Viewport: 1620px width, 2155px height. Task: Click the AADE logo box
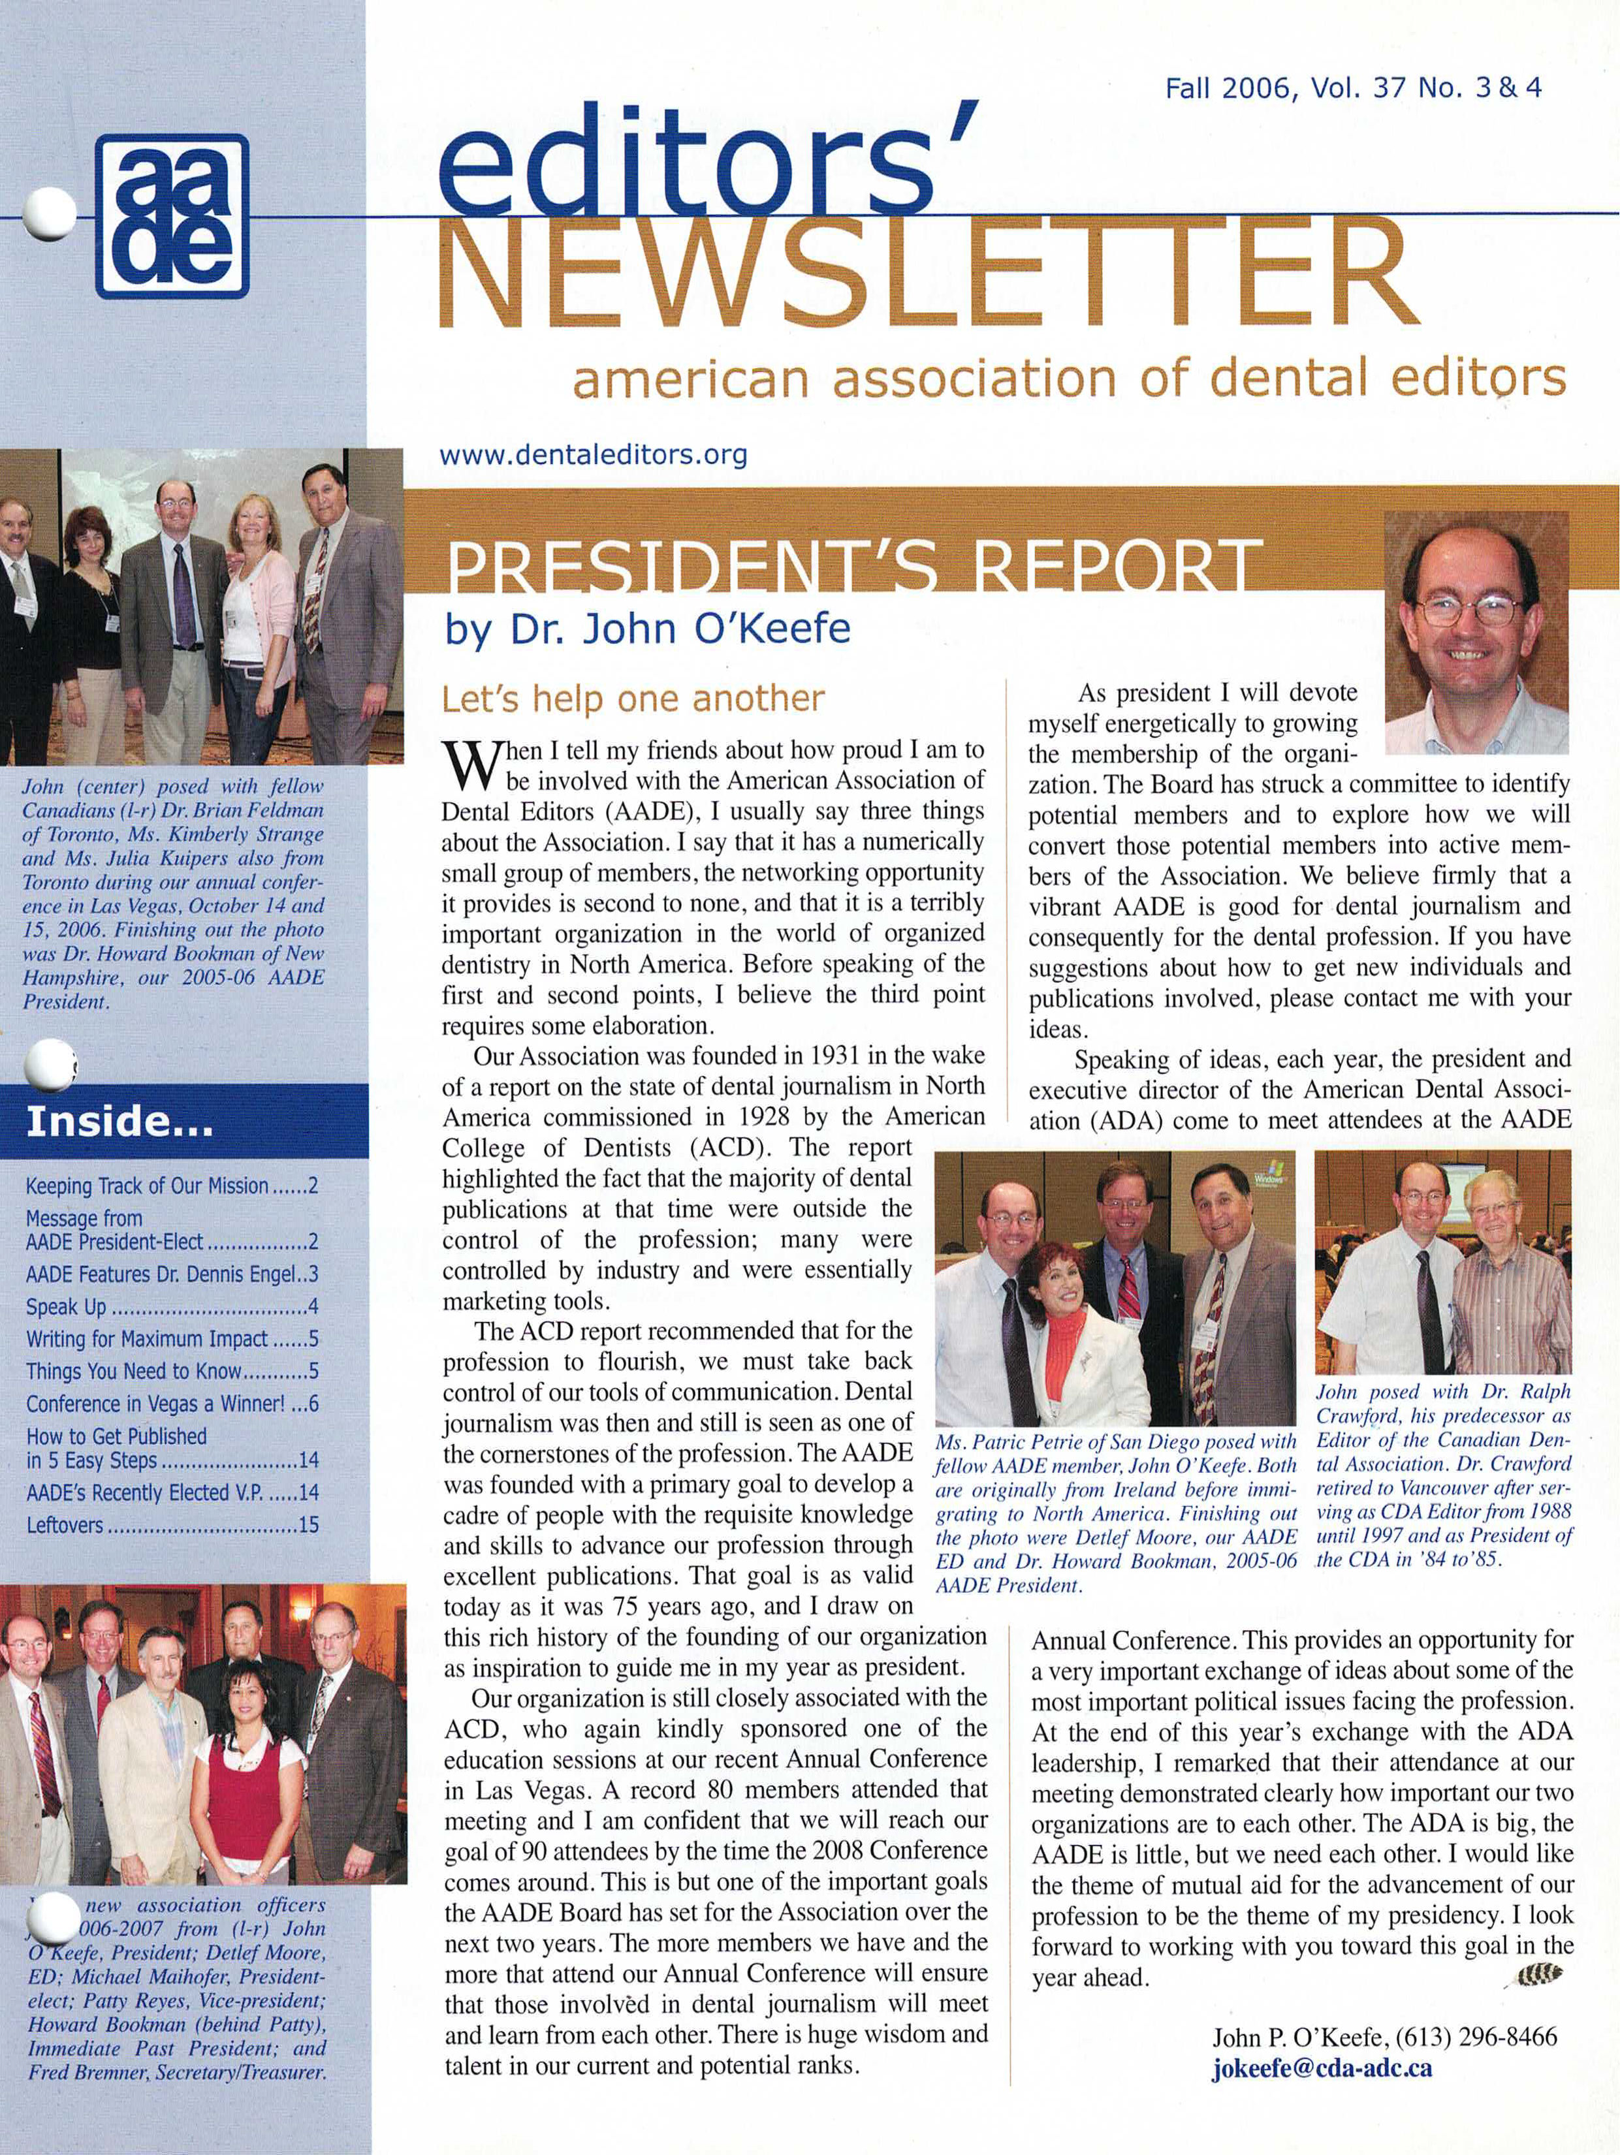point(172,215)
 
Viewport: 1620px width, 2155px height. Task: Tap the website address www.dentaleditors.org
point(594,455)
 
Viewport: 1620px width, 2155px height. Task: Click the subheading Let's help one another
point(633,699)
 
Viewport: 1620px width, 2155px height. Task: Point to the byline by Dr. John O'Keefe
point(647,629)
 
